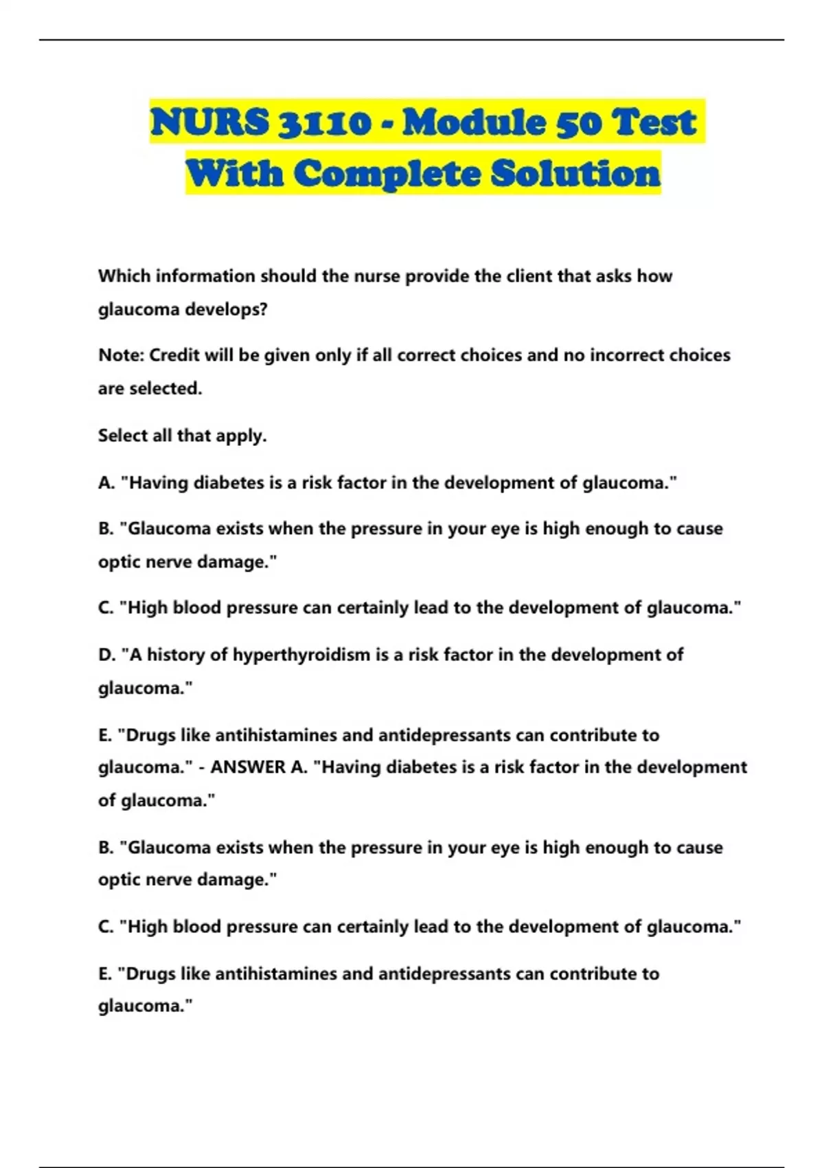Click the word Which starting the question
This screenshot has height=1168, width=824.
coord(124,276)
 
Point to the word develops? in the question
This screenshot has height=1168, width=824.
coord(226,310)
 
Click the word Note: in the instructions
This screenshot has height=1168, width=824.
coord(121,355)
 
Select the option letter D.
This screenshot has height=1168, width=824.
coord(106,655)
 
